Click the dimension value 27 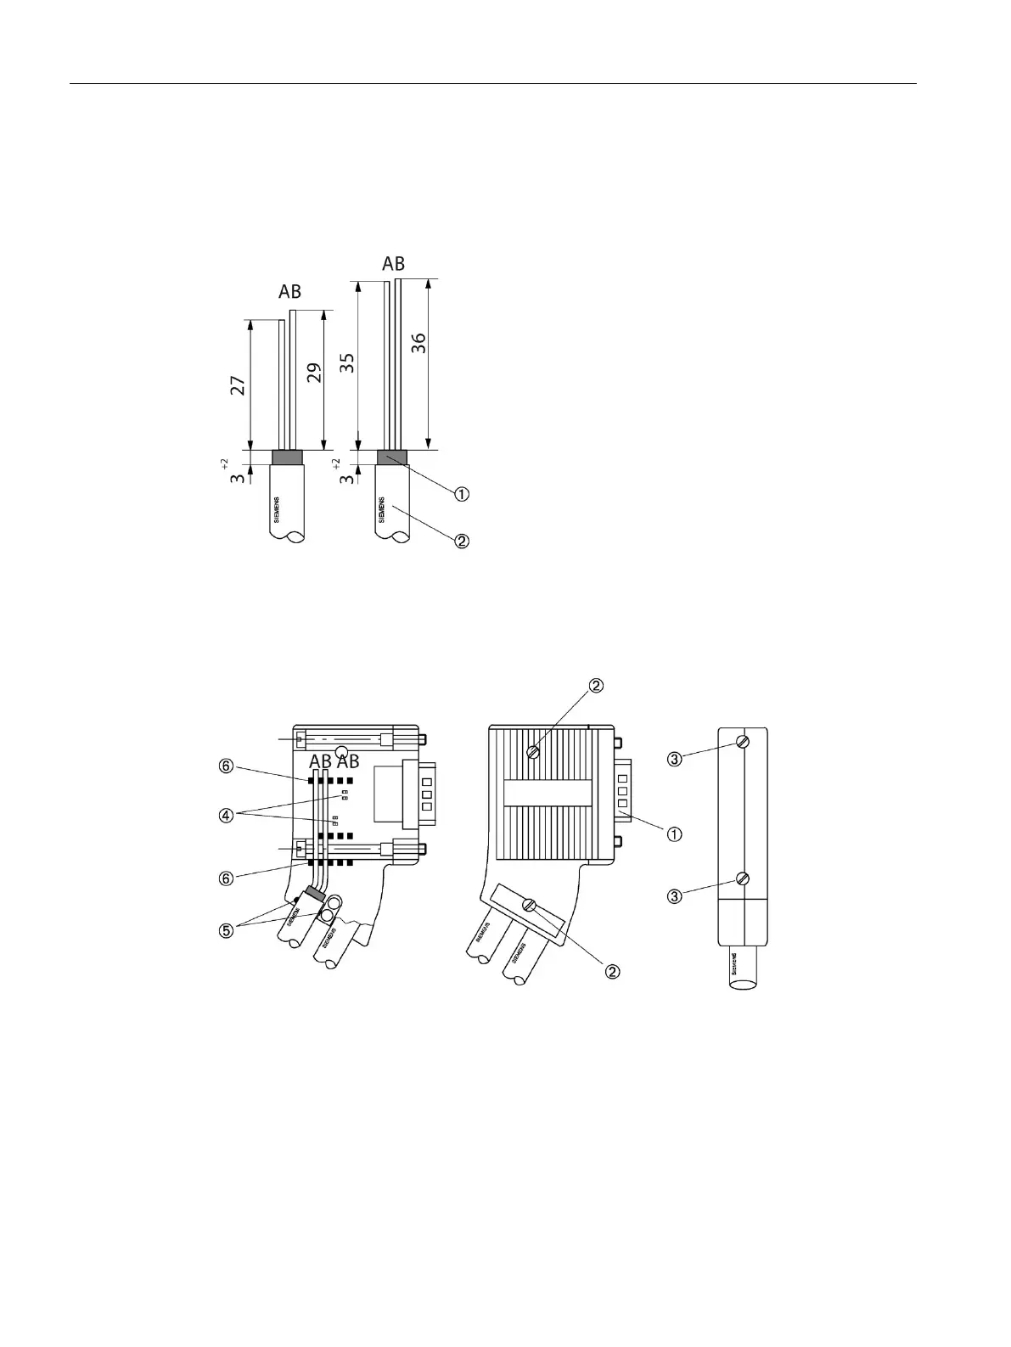click(x=239, y=386)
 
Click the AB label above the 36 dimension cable click(x=393, y=263)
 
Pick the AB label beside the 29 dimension click(x=290, y=292)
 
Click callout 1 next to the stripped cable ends click(x=462, y=494)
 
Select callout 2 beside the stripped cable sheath click(x=462, y=541)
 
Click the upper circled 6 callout click(x=226, y=766)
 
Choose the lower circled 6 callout click(x=226, y=878)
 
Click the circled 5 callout click(x=226, y=930)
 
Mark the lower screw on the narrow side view click(x=744, y=879)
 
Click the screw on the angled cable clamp click(x=531, y=906)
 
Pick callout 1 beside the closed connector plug click(x=675, y=834)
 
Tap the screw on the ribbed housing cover click(x=534, y=750)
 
